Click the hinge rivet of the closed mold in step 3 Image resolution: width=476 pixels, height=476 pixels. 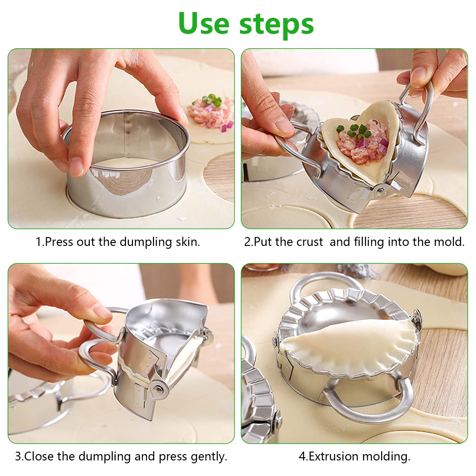pyautogui.click(x=157, y=389)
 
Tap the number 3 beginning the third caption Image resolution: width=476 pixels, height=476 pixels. pyautogui.click(x=18, y=456)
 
